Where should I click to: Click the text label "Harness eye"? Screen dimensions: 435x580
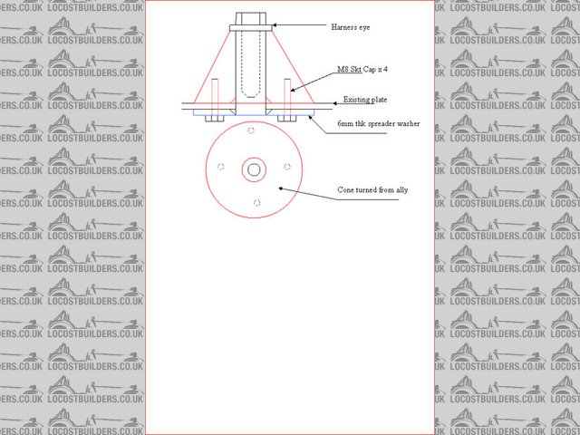pos(350,28)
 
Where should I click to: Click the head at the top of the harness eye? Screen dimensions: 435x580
pos(250,19)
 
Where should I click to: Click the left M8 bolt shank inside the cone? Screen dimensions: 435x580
pos(215,93)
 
